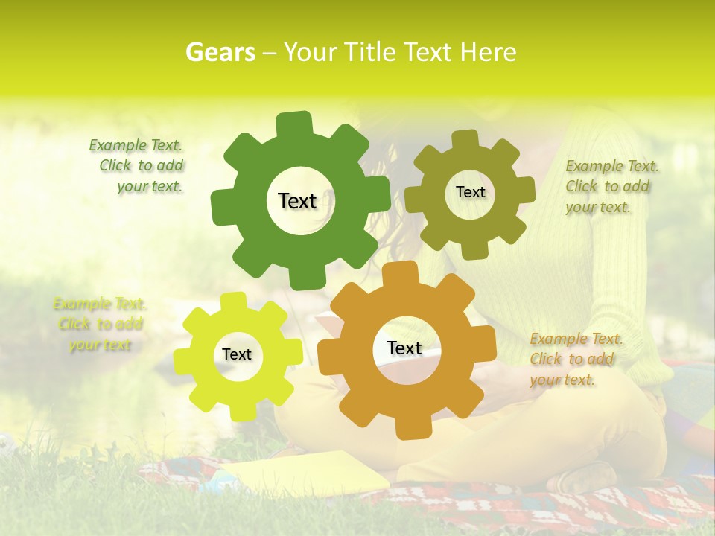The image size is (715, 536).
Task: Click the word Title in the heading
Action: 369,52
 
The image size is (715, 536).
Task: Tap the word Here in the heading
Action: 488,52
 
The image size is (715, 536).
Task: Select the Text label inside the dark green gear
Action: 297,201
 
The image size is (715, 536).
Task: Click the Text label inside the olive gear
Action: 470,192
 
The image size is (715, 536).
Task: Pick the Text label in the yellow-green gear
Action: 237,354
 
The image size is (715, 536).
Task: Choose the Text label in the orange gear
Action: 404,348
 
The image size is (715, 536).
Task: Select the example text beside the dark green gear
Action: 139,166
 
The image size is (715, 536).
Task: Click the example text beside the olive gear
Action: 611,186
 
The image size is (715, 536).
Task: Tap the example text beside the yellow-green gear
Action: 100,324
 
